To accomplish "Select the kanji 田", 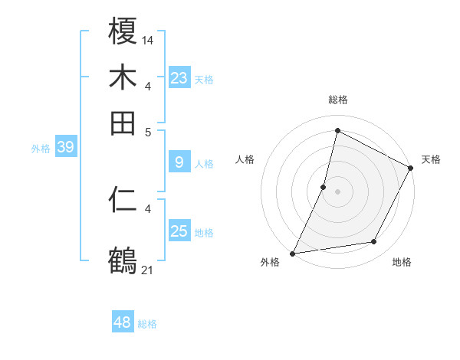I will click(123, 123).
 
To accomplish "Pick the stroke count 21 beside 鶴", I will click(148, 269).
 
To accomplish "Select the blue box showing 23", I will click(179, 77).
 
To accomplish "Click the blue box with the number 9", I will click(179, 162).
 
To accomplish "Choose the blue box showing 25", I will click(179, 231).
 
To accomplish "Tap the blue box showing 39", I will click(65, 147).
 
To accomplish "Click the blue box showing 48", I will click(123, 322).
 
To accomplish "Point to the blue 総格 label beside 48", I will click(147, 324).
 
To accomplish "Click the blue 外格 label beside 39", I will click(41, 149).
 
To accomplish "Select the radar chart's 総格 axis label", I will click(337, 100).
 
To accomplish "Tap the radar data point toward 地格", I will click(374, 242).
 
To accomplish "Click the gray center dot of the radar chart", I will click(337, 191).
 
